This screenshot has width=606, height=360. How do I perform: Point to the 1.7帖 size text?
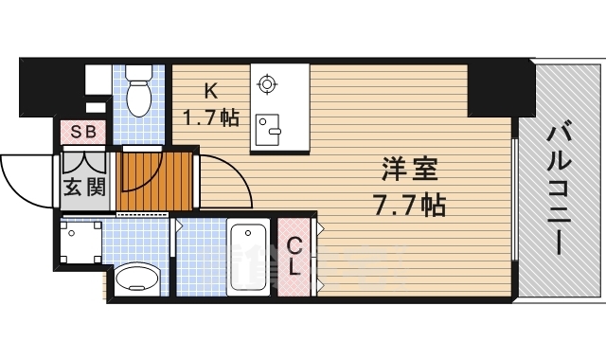(x=210, y=118)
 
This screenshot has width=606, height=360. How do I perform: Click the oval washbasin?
(x=140, y=279)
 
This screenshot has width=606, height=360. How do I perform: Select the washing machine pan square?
(x=80, y=242)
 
